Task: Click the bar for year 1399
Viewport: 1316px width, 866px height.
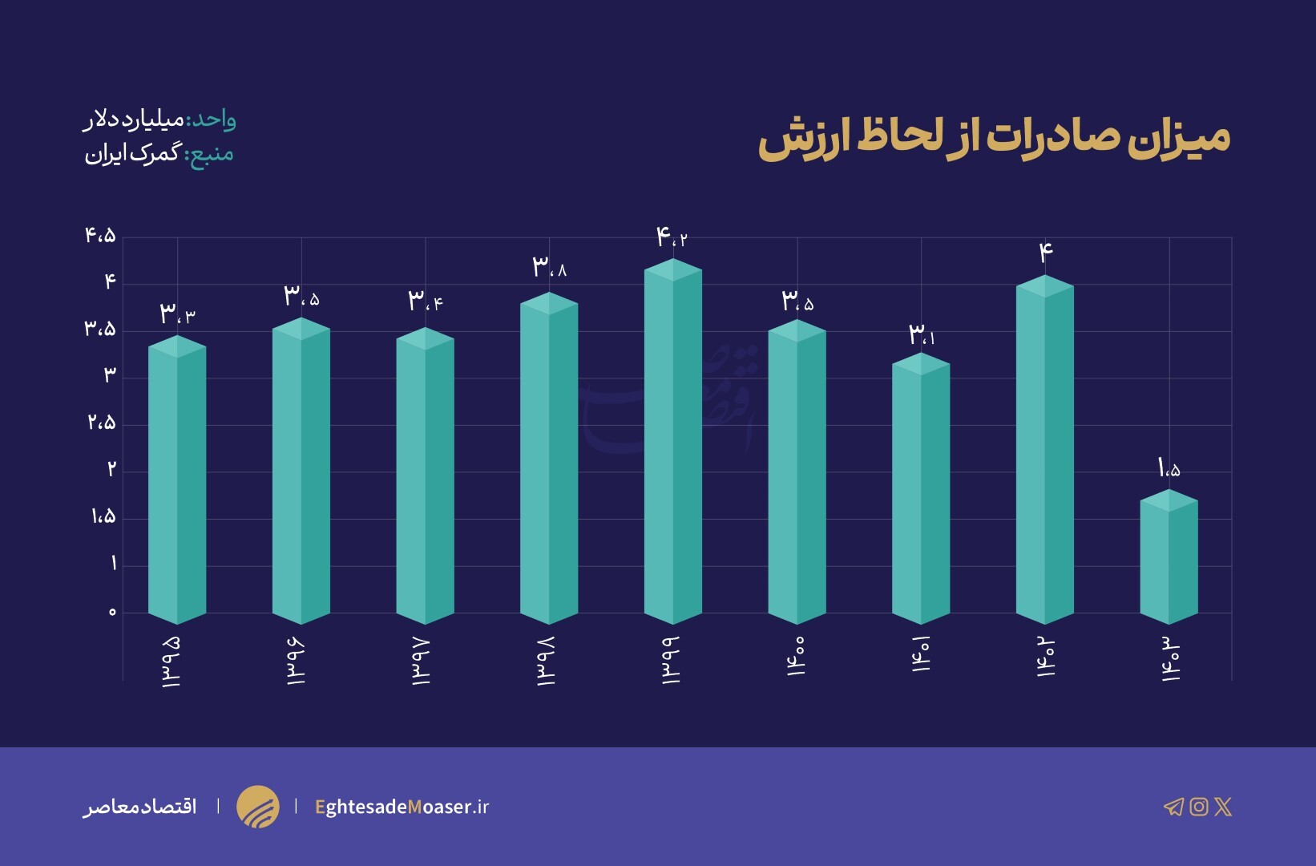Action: (673, 445)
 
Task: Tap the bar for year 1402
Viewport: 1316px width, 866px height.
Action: (1044, 453)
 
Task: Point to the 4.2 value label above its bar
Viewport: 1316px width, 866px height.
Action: (672, 237)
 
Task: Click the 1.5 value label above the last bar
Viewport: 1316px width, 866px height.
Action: (1169, 467)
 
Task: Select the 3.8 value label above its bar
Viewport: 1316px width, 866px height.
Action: (549, 267)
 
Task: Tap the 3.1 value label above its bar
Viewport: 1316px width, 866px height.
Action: (921, 335)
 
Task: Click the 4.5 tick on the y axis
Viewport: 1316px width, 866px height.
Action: (101, 236)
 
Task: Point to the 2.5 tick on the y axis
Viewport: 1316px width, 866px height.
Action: (102, 423)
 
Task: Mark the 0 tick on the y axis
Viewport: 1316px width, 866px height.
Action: (112, 613)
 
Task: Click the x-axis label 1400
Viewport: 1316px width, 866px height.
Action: (797, 658)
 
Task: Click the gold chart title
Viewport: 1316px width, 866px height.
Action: (994, 138)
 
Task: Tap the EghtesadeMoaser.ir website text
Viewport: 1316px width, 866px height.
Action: (402, 807)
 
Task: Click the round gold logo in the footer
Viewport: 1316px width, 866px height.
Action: (258, 807)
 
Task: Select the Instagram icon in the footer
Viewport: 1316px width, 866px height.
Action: (1198, 807)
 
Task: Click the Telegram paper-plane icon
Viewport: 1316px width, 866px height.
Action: (1173, 807)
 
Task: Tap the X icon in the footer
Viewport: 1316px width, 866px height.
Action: (1223, 807)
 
